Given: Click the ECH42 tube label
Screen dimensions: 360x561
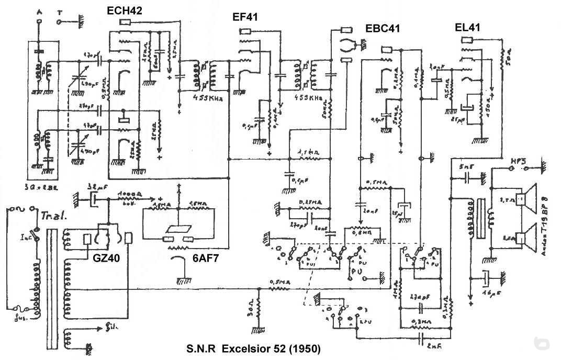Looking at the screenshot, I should pyautogui.click(x=125, y=10).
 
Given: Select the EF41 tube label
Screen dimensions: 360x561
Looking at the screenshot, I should pyautogui.click(x=245, y=18).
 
